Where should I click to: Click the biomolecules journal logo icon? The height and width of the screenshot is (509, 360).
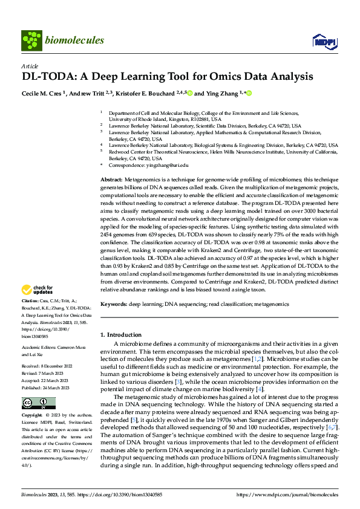click(x=30, y=41)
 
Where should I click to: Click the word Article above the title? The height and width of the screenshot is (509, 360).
click(x=30, y=66)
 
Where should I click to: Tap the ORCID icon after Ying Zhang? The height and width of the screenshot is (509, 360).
click(x=249, y=94)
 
